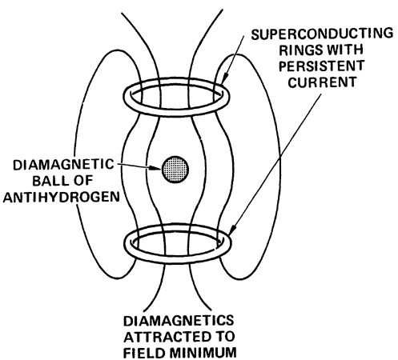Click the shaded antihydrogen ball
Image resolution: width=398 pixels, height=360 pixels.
[x=175, y=170]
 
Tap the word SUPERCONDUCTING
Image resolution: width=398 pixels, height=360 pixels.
[x=322, y=34]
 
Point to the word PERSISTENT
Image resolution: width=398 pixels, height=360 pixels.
[x=322, y=66]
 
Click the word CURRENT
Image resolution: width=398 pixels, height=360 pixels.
[x=322, y=82]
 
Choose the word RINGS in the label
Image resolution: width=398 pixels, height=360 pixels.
[x=299, y=50]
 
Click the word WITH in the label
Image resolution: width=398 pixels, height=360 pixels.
[x=344, y=50]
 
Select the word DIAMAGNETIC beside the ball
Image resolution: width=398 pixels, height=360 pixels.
[x=63, y=165]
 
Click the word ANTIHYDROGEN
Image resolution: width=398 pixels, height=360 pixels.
[x=61, y=197]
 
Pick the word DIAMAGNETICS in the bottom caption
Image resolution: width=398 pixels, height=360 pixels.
[x=179, y=321]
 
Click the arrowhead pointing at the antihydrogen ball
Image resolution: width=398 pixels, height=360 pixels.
[x=155, y=168]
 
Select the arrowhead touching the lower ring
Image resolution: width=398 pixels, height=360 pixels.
[x=232, y=229]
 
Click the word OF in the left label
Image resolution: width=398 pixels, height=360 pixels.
[x=82, y=181]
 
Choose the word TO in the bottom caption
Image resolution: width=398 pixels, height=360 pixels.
[x=223, y=337]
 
